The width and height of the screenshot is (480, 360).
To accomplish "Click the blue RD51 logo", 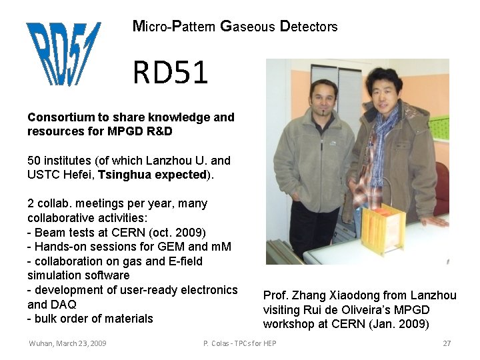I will (63, 53).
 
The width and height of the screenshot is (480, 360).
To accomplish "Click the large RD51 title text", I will (170, 72).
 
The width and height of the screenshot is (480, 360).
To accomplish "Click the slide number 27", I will (447, 343).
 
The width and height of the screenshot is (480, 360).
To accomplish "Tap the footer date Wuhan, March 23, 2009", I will (67, 343).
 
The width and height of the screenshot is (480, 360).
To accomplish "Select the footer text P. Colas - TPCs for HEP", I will (239, 343).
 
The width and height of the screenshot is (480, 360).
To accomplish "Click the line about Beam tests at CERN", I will (117, 232).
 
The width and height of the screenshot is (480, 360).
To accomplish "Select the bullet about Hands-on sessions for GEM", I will (129, 247).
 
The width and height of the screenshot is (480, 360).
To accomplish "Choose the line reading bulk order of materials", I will (90, 319).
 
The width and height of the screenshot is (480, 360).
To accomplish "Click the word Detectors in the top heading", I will (309, 27).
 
